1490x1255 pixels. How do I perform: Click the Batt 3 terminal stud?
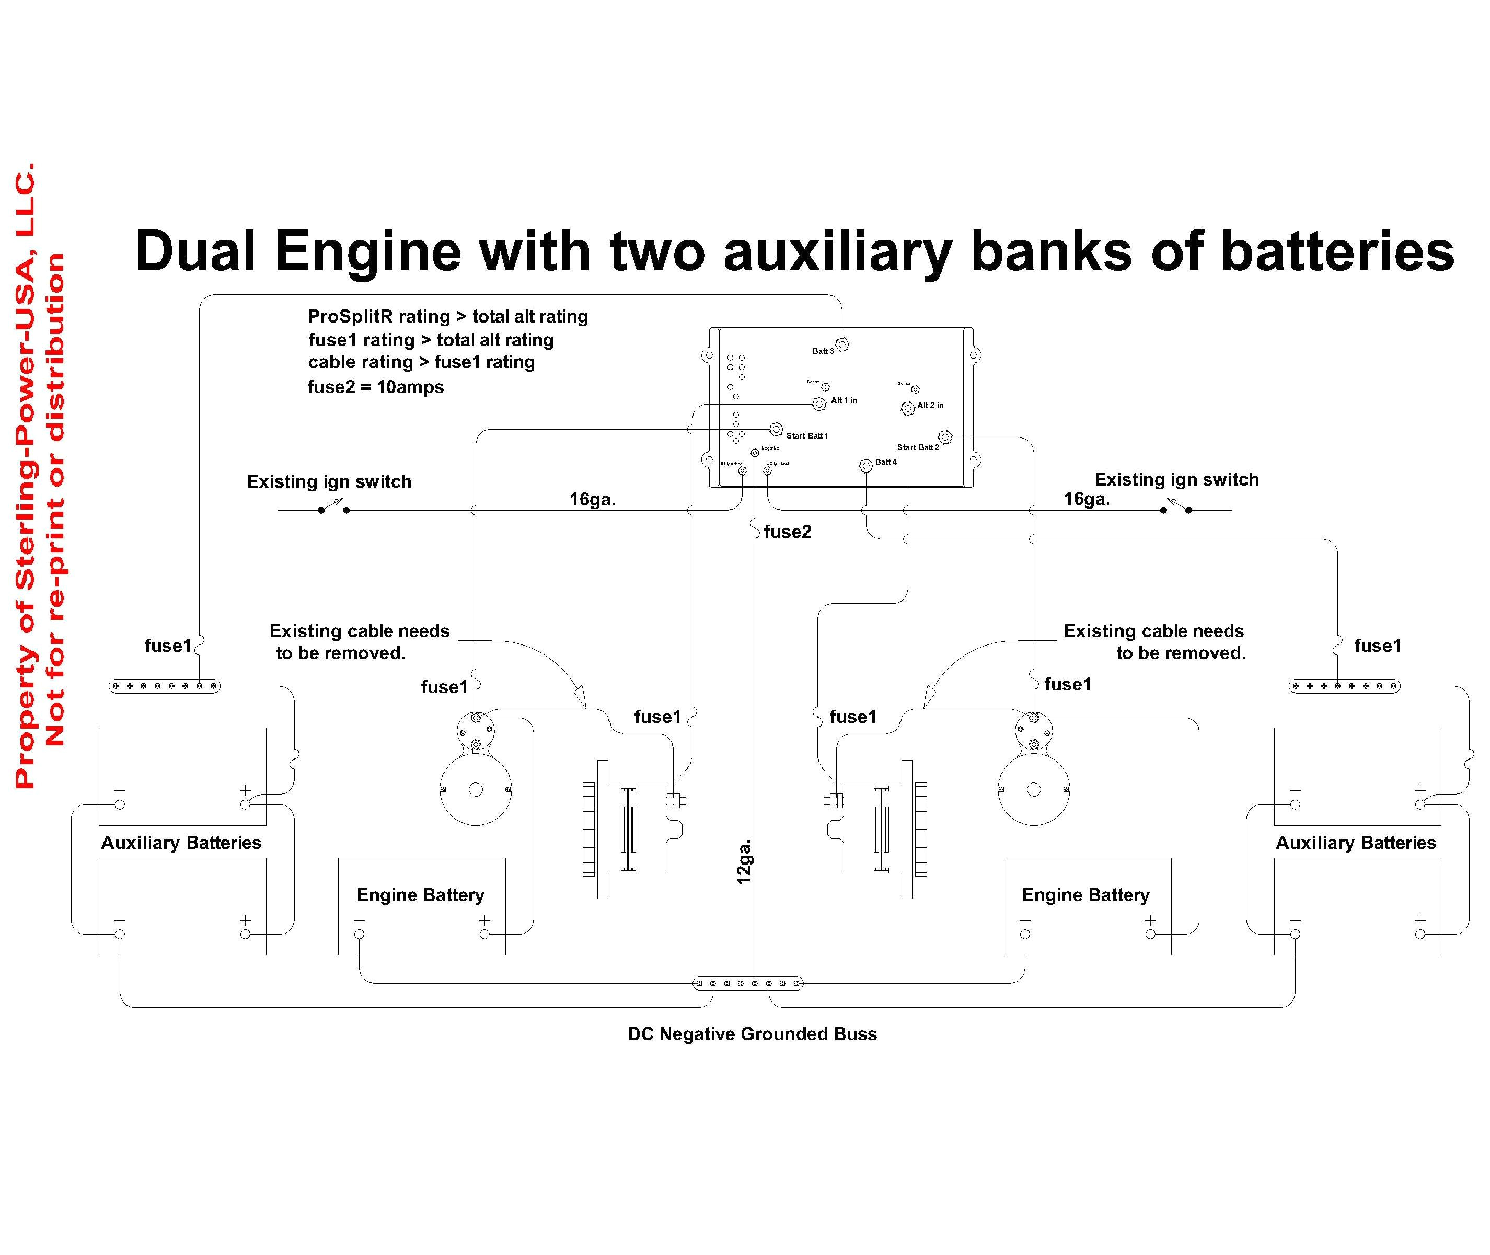pyautogui.click(x=842, y=344)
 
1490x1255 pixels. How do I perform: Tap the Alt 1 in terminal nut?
pyautogui.click(x=818, y=404)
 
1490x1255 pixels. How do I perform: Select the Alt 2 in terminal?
pyautogui.click(x=907, y=408)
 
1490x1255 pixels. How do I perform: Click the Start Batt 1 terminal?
pyautogui.click(x=776, y=429)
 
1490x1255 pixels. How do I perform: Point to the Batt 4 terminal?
pyautogui.click(x=865, y=466)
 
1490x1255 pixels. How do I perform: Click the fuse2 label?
pyautogui.click(x=787, y=532)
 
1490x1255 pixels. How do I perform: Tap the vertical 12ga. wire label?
pyautogui.click(x=744, y=862)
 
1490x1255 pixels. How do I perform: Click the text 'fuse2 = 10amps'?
pyautogui.click(x=376, y=387)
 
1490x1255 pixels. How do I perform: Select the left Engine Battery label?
pyautogui.click(x=420, y=895)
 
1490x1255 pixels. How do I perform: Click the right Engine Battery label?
pyautogui.click(x=1085, y=895)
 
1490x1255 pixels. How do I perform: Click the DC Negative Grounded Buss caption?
pyautogui.click(x=753, y=1034)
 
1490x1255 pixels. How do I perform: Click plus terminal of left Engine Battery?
pyautogui.click(x=484, y=934)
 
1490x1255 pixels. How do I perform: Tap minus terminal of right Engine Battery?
pyautogui.click(x=1025, y=934)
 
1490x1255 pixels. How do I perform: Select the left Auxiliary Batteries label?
pyautogui.click(x=181, y=843)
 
